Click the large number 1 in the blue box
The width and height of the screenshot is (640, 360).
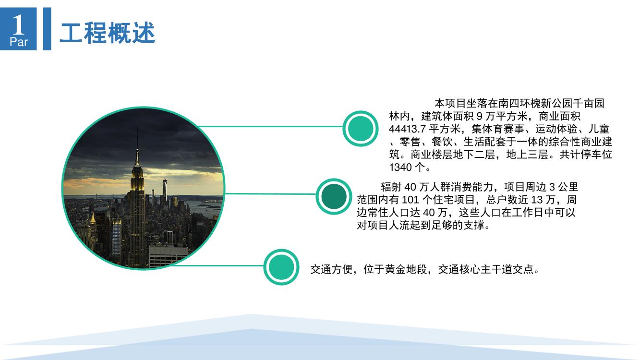tap(19, 24)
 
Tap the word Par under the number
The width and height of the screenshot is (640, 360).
tap(19, 42)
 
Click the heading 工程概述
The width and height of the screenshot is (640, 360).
tap(108, 33)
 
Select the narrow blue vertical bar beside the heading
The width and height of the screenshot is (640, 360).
tap(47, 29)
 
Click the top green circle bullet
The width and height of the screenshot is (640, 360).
tap(361, 129)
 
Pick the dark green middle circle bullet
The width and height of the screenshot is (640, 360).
tap(334, 197)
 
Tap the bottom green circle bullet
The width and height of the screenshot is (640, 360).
tap(281, 267)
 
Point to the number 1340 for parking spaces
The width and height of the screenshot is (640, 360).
tap(400, 168)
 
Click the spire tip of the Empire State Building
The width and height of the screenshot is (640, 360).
tap(137, 129)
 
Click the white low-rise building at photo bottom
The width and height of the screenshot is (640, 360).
tap(168, 256)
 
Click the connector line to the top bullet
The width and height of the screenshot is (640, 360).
tap(270, 126)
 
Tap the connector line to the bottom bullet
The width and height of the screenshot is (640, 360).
tap(217, 266)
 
